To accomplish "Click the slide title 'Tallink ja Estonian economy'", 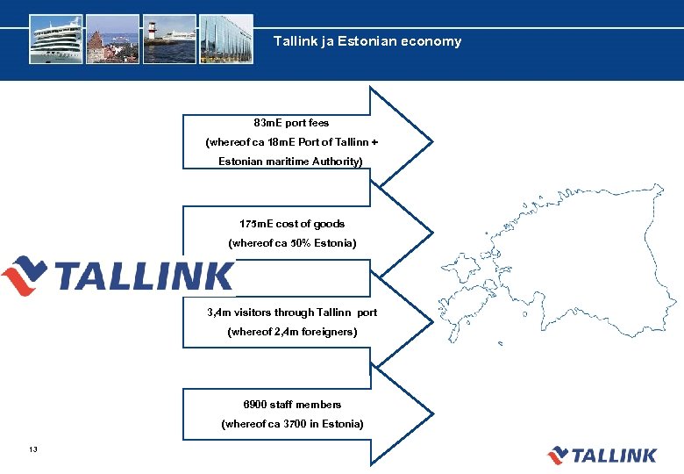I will tap(367, 41).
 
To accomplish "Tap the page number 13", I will tap(32, 450).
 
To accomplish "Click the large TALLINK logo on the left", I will tap(118, 276).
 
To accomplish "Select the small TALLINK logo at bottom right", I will tap(602, 455).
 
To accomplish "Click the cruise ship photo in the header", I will tap(56, 39).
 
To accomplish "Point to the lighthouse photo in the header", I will tap(169, 39).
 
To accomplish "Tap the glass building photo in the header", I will tap(225, 39).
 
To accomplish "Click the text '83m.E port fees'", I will tap(291, 123).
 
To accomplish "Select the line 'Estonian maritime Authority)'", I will tap(290, 162).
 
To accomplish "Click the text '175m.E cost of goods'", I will tap(292, 224).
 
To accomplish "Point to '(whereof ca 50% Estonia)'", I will tap(292, 242).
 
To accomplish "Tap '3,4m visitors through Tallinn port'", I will tap(292, 312).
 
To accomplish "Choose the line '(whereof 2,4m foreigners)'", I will tap(292, 332).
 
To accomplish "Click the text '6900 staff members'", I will tap(292, 405).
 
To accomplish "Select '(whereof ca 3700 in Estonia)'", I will tap(292, 424).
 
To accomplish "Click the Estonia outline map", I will tap(561, 263).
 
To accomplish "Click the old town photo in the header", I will tap(113, 39).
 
